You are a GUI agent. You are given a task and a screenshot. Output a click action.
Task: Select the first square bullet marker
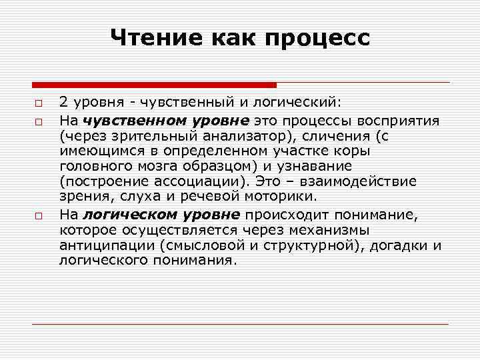[39, 104]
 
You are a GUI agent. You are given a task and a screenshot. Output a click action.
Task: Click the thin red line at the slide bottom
[240, 324]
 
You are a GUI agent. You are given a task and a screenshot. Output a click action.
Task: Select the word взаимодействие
[359, 182]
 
